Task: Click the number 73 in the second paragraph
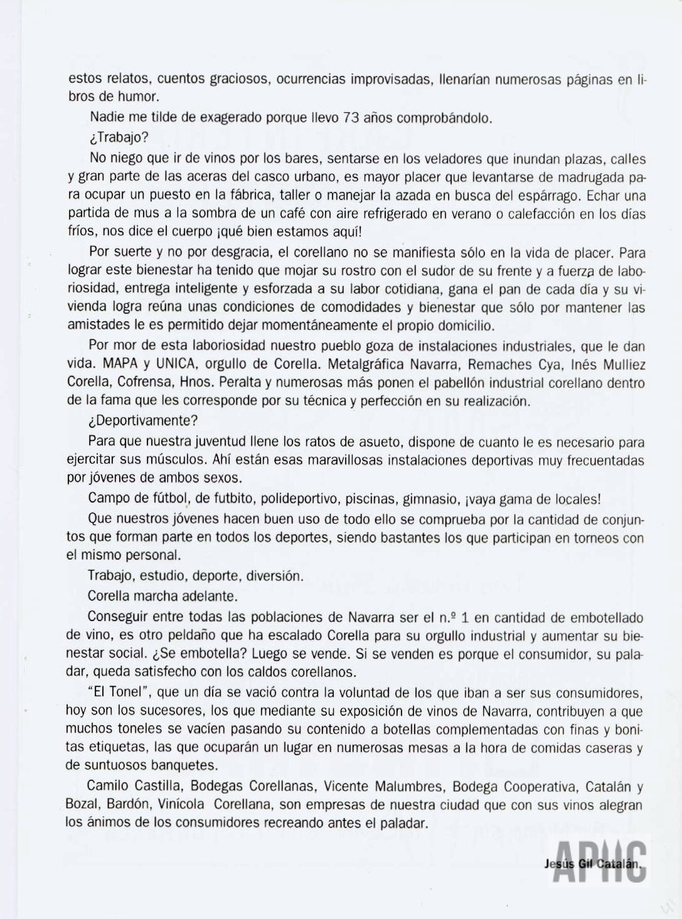tap(353, 117)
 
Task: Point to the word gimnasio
tap(430, 499)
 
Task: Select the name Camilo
tap(107, 786)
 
